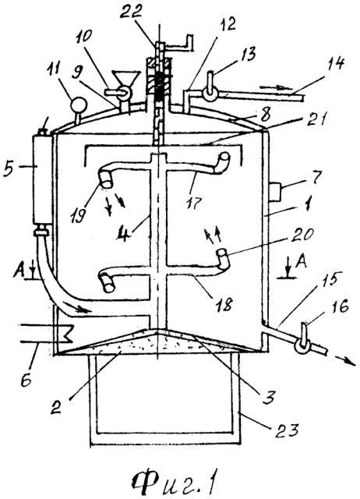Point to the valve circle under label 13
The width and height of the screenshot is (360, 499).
point(210,94)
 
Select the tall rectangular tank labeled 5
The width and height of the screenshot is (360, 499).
point(42,179)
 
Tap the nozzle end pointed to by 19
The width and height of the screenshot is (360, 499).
point(106,179)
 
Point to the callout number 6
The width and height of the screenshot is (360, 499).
point(26,380)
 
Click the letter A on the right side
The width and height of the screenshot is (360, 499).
point(301,262)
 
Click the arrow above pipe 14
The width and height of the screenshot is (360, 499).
point(272,87)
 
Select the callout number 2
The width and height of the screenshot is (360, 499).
point(57,406)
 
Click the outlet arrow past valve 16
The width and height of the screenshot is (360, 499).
point(344,361)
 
